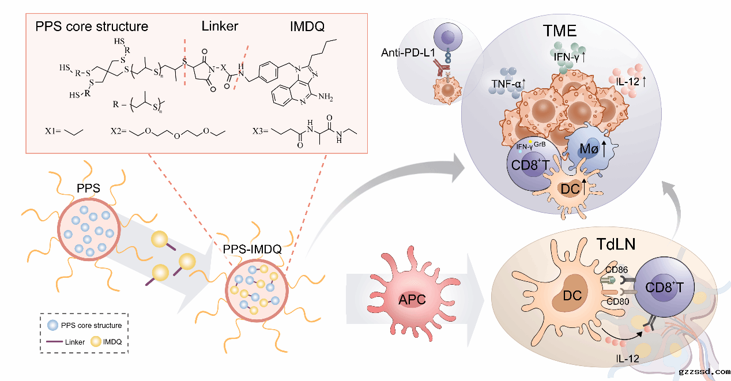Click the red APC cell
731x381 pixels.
(411, 300)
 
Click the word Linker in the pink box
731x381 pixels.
(220, 27)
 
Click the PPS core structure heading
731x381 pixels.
(92, 27)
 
